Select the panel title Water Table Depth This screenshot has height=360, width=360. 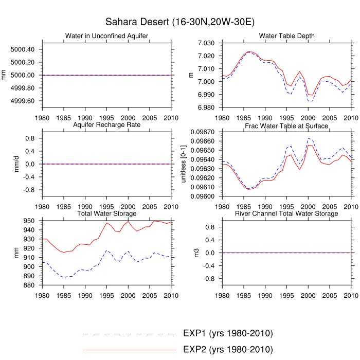pyautogui.click(x=287, y=35)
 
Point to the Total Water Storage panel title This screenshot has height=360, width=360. pyautogui.click(x=106, y=213)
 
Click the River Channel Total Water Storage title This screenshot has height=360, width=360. pyautogui.click(x=287, y=213)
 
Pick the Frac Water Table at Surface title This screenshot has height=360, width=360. pyautogui.click(x=287, y=125)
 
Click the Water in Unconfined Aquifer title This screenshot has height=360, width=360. pyautogui.click(x=107, y=35)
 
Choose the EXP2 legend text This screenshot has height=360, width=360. pyautogui.click(x=227, y=349)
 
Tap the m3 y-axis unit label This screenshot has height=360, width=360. pyautogui.click(x=191, y=253)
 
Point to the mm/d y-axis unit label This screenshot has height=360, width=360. pyautogui.click(x=11, y=164)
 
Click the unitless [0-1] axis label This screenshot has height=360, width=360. pyautogui.click(x=184, y=164)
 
